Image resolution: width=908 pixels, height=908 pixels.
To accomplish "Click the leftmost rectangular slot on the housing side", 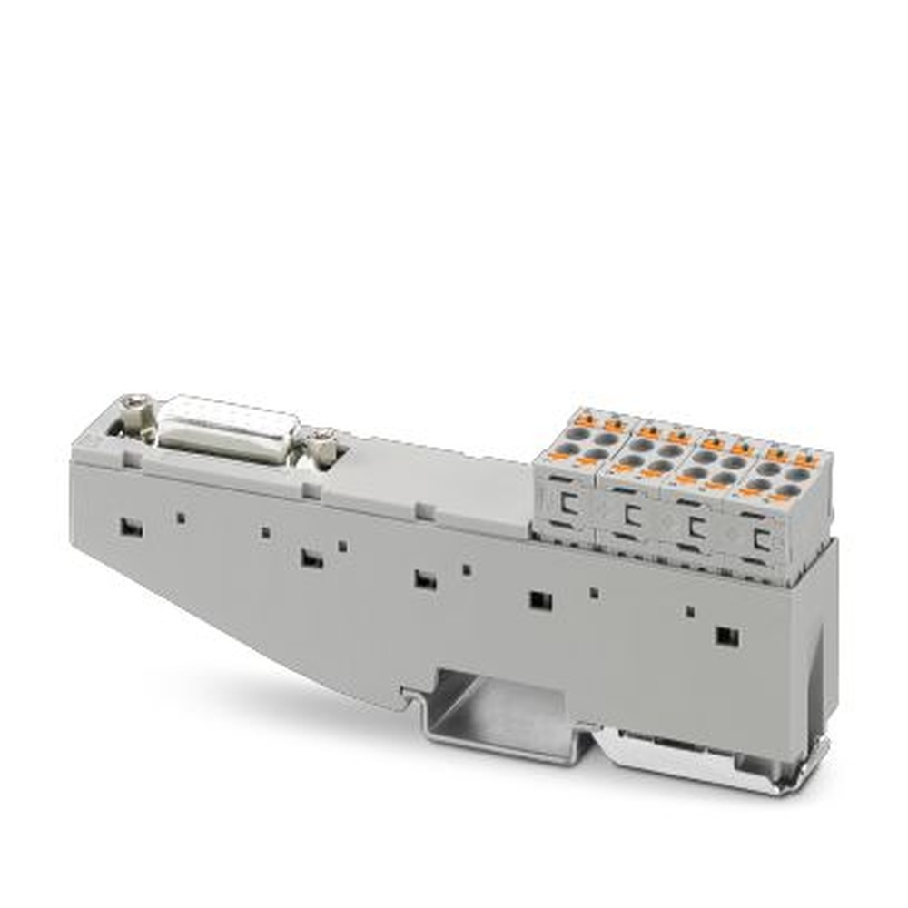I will (x=131, y=528).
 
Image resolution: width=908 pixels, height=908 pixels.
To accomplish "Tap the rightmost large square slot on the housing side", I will (x=726, y=636).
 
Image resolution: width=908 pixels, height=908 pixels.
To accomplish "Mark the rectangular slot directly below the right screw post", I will (x=311, y=559).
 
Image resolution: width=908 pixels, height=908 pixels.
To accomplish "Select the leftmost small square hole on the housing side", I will (x=181, y=518).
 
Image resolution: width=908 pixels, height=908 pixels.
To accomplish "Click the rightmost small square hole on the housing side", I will (x=689, y=612).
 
